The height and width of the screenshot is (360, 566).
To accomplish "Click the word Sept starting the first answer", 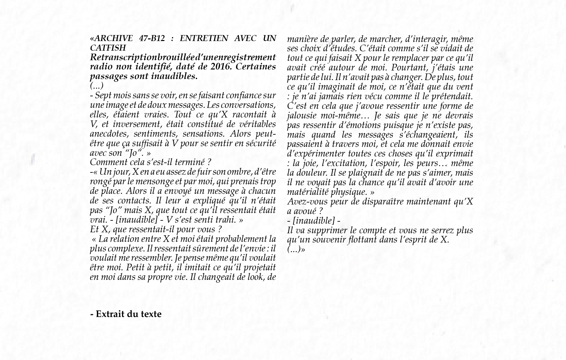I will [x=102, y=96].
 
